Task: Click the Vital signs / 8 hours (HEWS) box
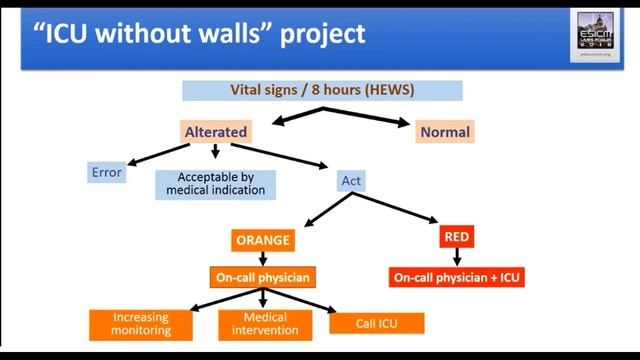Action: pyautogui.click(x=322, y=91)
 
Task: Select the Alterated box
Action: pyautogui.click(x=216, y=132)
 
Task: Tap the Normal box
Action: pyautogui.click(x=445, y=132)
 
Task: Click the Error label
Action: pyautogui.click(x=106, y=172)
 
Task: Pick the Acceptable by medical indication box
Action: pyautogui.click(x=216, y=184)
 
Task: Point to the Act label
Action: pyautogui.click(x=352, y=181)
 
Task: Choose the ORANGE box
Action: pyautogui.click(x=262, y=240)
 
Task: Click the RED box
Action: pyautogui.click(x=455, y=238)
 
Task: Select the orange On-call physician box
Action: pyautogui.click(x=262, y=276)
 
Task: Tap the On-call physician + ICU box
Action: pyautogui.click(x=455, y=277)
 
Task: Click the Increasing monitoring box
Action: pyautogui.click(x=141, y=323)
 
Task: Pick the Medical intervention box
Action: pyautogui.click(x=258, y=323)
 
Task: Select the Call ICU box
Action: pyautogui.click(x=376, y=323)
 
